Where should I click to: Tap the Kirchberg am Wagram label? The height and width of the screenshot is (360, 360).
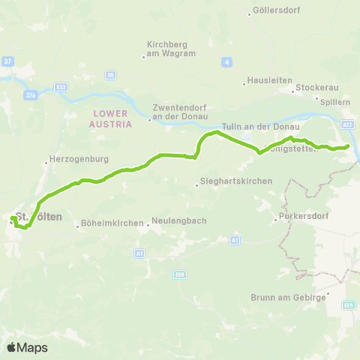click(x=170, y=49)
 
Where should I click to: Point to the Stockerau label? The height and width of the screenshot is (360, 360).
click(x=311, y=88)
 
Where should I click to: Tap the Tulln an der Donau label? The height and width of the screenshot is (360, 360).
click(x=261, y=127)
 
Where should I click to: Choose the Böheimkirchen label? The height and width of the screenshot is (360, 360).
click(x=110, y=223)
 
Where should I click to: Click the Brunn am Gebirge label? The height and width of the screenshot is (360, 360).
click(x=288, y=297)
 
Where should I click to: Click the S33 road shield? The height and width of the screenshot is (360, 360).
click(x=62, y=87)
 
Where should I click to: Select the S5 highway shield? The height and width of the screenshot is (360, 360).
click(x=110, y=75)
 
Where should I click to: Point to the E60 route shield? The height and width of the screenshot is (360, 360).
click(x=179, y=274)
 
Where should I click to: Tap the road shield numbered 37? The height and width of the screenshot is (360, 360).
click(x=7, y=61)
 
